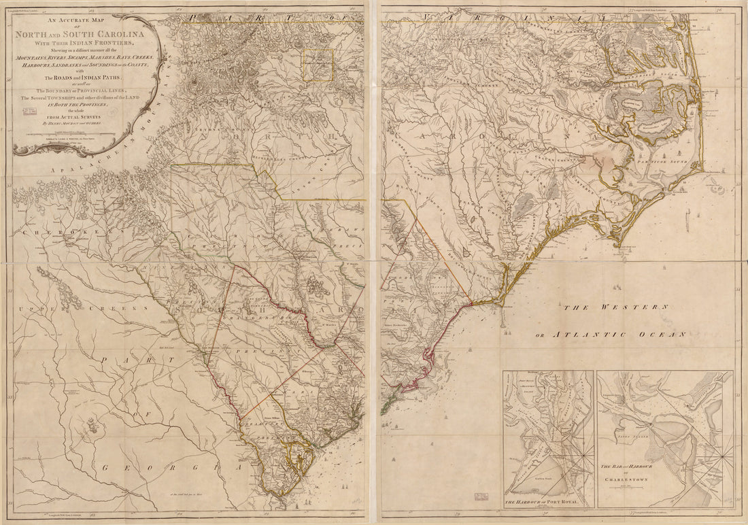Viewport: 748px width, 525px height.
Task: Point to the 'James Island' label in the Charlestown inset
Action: pos(632,421)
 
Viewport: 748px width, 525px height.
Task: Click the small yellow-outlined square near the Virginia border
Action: pos(318,65)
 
